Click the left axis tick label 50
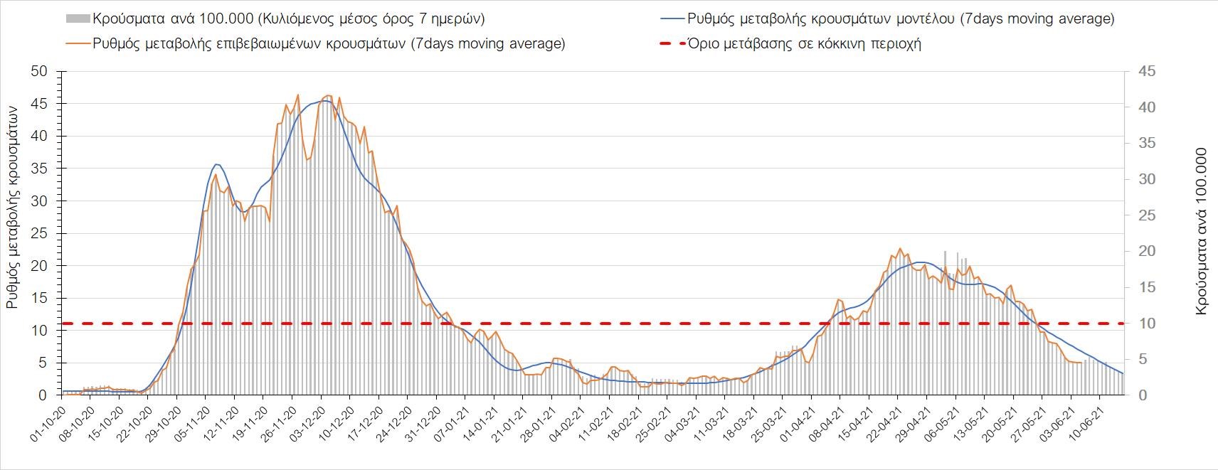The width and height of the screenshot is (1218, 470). coord(39,72)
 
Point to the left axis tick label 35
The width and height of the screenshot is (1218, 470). coord(39,169)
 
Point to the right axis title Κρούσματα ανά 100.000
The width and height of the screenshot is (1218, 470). coord(1202,233)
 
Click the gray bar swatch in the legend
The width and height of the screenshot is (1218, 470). coord(77,19)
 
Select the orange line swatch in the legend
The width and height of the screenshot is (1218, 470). coord(77,43)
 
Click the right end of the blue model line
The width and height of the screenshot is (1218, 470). coord(1123,373)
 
